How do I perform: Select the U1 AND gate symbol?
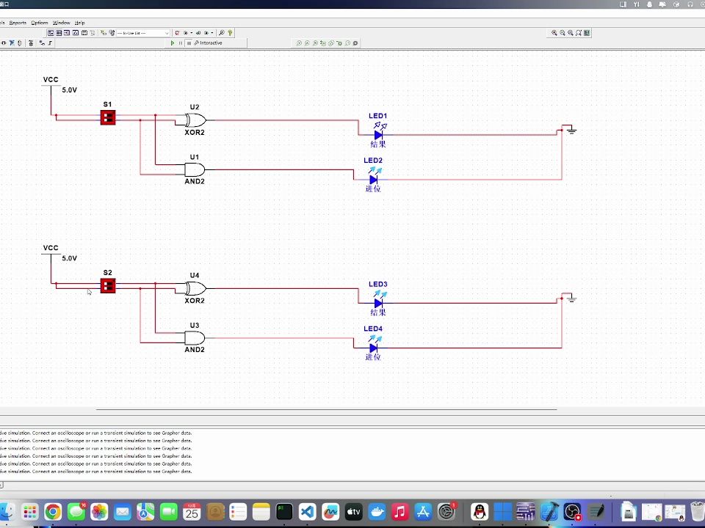tap(195, 169)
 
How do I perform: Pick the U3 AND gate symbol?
tap(195, 338)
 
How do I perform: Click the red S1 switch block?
tap(108, 117)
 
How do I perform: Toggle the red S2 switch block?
tap(108, 285)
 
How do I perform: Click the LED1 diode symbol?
tap(378, 134)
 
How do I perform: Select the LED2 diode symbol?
tap(373, 179)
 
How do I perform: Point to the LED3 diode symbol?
tap(378, 303)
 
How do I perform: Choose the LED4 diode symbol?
tap(373, 348)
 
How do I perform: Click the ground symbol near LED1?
tap(571, 131)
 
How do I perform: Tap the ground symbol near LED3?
tap(571, 299)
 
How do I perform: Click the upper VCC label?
tap(51, 80)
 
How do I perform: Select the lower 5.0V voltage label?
tap(69, 258)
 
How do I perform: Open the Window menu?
tap(61, 23)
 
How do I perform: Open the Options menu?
tap(39, 23)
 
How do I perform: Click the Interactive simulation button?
tap(209, 43)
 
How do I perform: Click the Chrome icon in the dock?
tap(52, 512)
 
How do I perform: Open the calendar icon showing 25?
tap(192, 512)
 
